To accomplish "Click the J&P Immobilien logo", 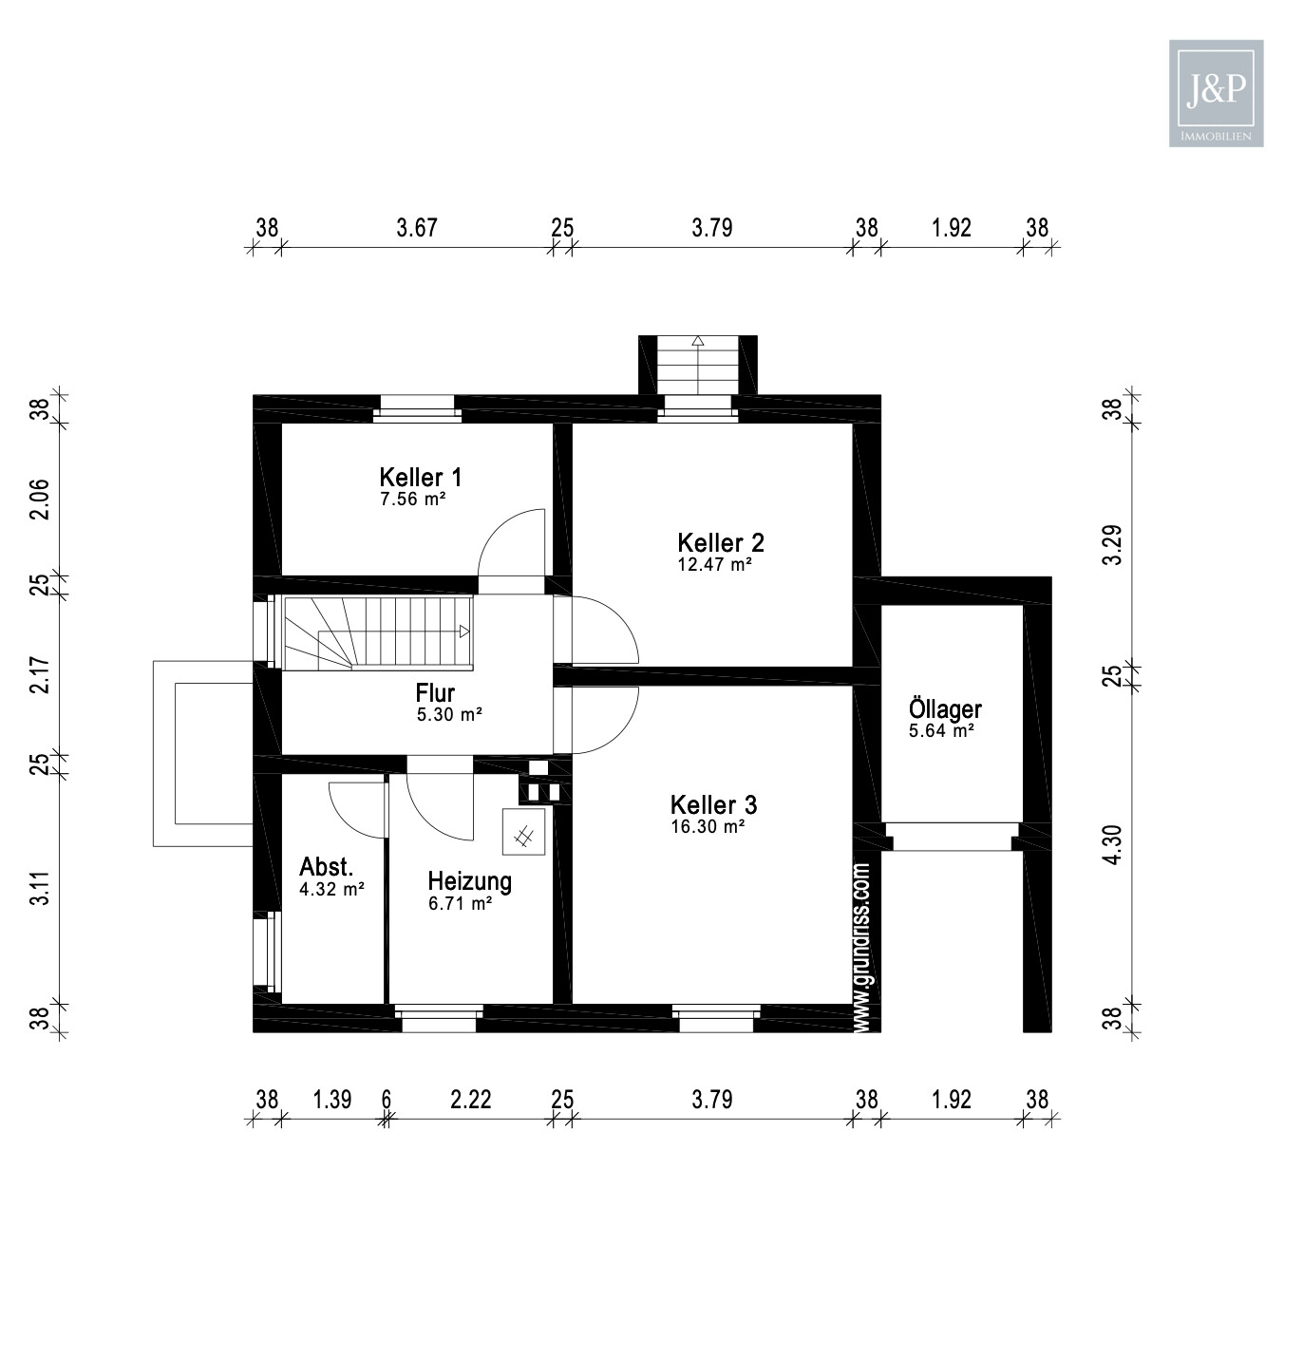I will click(x=1216, y=92).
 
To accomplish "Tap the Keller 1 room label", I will click(x=420, y=477).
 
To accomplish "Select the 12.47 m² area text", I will click(x=714, y=564).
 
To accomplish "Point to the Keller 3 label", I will click(x=713, y=804).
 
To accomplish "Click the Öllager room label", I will click(x=945, y=709).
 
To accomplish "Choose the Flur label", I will click(x=435, y=693).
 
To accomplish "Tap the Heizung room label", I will click(x=469, y=881).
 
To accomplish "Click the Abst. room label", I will click(x=326, y=866).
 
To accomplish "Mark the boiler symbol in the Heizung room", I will click(x=523, y=831).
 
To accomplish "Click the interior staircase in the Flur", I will click(x=378, y=632).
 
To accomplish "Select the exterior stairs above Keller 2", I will click(x=698, y=365).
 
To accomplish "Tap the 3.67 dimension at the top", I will click(x=417, y=228).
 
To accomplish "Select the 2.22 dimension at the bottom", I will click(x=470, y=1099).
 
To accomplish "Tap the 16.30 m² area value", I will click(x=707, y=826).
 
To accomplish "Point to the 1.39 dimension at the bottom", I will click(x=332, y=1099).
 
